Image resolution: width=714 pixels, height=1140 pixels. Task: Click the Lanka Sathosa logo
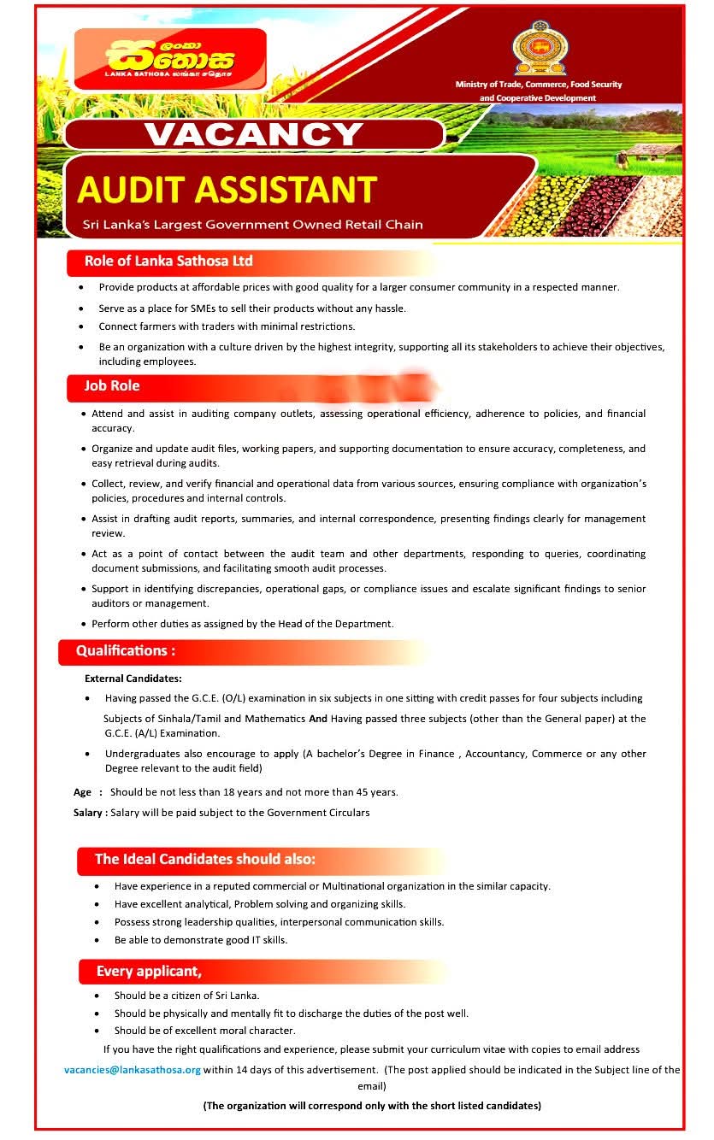(x=170, y=59)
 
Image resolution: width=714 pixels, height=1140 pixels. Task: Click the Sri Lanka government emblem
(x=538, y=50)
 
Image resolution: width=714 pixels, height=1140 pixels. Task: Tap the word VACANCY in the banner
(x=253, y=134)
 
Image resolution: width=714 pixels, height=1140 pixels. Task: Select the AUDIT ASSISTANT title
(x=227, y=190)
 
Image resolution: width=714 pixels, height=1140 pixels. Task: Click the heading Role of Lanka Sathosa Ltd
(x=168, y=261)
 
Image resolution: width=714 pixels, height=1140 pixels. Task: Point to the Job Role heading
(x=112, y=386)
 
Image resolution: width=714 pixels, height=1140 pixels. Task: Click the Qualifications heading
(x=126, y=650)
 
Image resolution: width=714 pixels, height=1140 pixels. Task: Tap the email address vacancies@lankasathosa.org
(x=133, y=1069)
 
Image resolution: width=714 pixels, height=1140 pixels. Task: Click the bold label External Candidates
(x=133, y=679)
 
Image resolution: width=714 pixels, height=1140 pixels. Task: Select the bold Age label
(x=82, y=792)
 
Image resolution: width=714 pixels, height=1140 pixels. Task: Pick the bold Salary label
(x=88, y=813)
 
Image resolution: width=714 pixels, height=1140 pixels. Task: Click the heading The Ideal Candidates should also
(x=205, y=859)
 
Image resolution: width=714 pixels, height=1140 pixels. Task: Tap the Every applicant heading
(x=149, y=971)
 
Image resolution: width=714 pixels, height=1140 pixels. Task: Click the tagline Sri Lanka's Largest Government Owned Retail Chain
(x=253, y=225)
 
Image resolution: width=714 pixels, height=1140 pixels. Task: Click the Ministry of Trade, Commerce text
(x=539, y=85)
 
